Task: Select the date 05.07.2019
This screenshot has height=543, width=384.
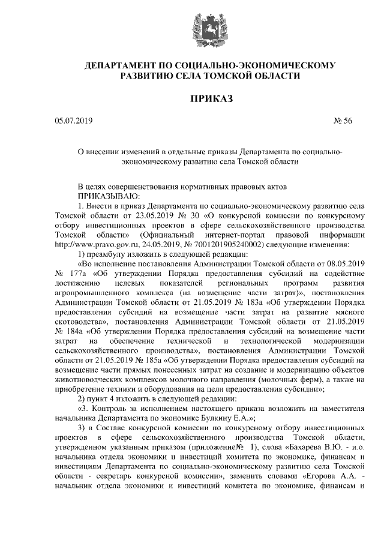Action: tap(73, 121)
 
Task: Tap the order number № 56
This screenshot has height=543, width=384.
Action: tap(343, 121)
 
